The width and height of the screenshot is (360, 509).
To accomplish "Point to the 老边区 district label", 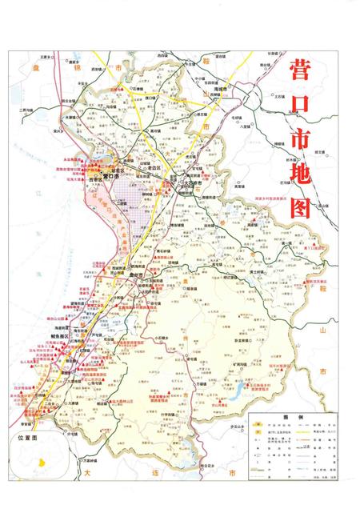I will point(153,169).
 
